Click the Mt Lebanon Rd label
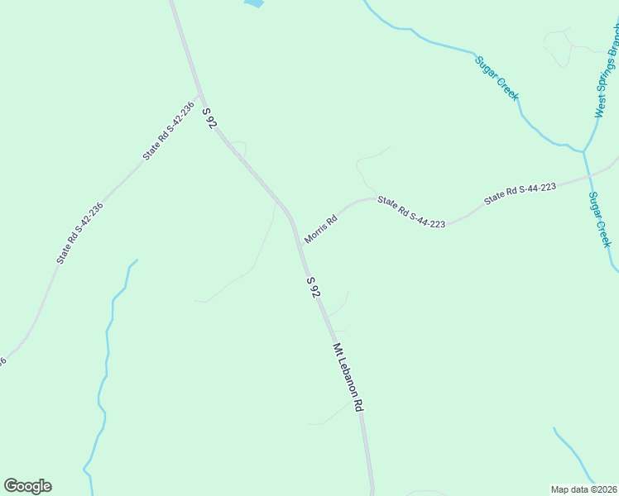pyautogui.click(x=348, y=378)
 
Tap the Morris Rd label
pyautogui.click(x=320, y=230)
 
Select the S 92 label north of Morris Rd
pyautogui.click(x=209, y=117)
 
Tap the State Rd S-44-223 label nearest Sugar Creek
pyautogui.click(x=519, y=193)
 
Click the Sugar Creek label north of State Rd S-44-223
pyautogui.click(x=497, y=79)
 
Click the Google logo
pyautogui.click(x=27, y=486)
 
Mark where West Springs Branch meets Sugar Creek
pyautogui.click(x=584, y=151)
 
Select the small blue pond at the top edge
pyautogui.click(x=253, y=3)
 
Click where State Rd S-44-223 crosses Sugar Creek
pyautogui.click(x=588, y=174)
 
